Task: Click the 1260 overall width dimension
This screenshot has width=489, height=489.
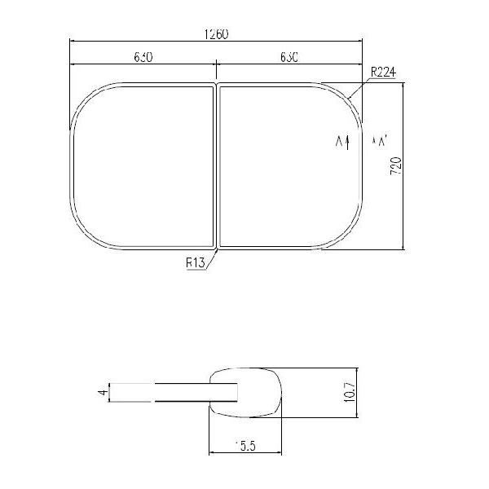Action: click(217, 34)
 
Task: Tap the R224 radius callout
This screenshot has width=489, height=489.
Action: click(382, 73)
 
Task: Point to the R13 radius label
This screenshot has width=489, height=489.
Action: click(195, 263)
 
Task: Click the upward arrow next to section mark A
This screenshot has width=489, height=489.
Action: click(348, 143)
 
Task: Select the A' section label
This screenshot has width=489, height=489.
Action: click(380, 142)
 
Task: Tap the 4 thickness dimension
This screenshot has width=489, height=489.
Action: click(102, 392)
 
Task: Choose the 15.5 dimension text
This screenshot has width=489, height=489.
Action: click(246, 446)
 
